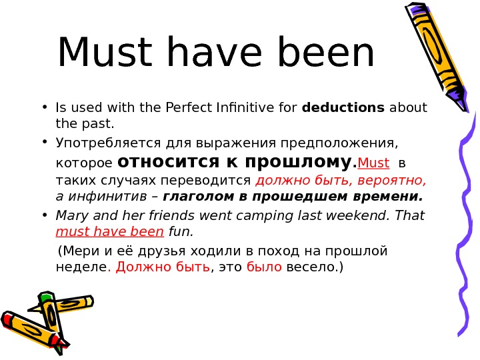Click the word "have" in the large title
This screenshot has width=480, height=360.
219,55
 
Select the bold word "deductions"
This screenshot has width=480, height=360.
343,108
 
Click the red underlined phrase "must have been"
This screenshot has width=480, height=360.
110,232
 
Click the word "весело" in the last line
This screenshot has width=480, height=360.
309,268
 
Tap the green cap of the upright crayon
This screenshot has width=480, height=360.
45,297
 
